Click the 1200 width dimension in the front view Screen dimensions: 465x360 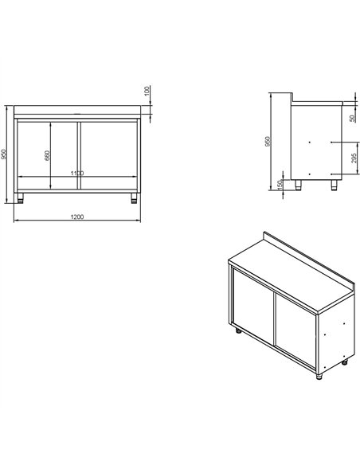coord(78,217)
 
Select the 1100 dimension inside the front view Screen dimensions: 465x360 coord(76,173)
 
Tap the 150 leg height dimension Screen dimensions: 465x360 coord(280,184)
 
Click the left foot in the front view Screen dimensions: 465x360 coord(22,197)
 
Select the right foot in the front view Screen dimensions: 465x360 coord(131,197)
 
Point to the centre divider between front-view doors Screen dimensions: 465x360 coord(77,155)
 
